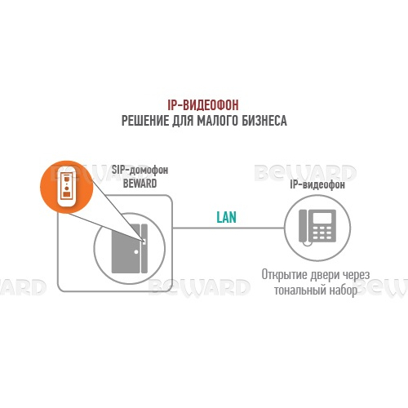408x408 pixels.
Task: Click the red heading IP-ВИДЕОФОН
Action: tap(203, 105)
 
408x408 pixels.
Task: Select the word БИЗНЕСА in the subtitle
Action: tap(264, 121)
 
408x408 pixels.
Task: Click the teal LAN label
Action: tap(226, 217)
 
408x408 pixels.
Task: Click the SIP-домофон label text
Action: tap(140, 170)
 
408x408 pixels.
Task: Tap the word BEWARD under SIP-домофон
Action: tap(140, 184)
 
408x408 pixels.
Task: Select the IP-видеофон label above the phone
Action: tap(317, 184)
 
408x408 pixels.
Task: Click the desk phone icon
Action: tap(317, 227)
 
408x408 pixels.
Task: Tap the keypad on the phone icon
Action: tap(322, 232)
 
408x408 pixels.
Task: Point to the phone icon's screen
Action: tap(322, 217)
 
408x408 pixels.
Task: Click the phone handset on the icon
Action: tap(304, 226)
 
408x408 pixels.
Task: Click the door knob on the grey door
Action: tap(136, 252)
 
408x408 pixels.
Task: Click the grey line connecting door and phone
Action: tap(228, 228)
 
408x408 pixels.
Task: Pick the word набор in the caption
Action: tap(344, 290)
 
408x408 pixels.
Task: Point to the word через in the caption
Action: tap(356, 276)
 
